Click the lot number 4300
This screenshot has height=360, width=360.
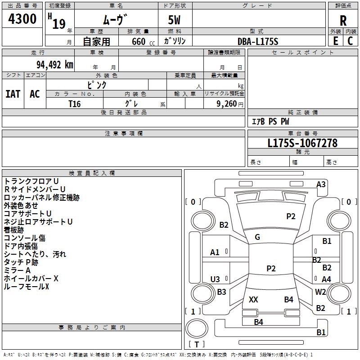tap(22, 19)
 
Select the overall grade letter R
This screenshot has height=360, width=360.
tap(343, 20)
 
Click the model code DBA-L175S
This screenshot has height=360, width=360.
tap(258, 41)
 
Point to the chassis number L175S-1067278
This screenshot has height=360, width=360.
tap(302, 144)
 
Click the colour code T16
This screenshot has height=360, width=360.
tap(75, 103)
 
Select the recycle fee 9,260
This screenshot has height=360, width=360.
tap(227, 103)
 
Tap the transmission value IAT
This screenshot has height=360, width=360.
tap(13, 94)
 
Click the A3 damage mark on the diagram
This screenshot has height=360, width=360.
tap(321, 184)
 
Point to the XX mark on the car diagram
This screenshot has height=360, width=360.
tap(253, 300)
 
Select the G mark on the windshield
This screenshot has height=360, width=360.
tap(257, 237)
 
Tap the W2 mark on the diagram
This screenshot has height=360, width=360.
tap(320, 292)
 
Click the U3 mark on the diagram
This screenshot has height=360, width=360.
tap(215, 279)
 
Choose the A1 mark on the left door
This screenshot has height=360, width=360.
tap(215, 252)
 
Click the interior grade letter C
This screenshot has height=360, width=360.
tap(351, 41)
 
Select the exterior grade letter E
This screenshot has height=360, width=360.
tap(336, 41)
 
